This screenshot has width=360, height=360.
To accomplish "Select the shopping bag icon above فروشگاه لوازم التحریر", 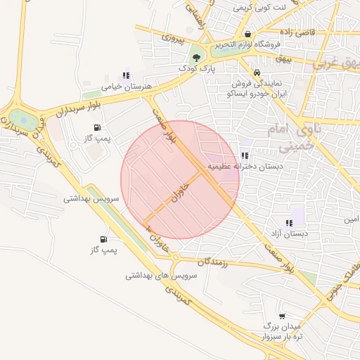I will pos(247,33).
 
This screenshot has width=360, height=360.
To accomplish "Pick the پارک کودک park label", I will pos(196,69).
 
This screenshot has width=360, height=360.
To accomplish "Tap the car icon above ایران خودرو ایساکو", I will pos(257,72).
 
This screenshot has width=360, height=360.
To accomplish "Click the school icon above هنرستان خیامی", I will pos(126,75).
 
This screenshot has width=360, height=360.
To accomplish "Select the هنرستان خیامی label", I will pos(126,87).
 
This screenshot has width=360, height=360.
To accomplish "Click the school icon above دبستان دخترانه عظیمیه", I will pos(244,155).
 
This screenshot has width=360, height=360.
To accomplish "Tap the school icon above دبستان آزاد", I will pos(289,222).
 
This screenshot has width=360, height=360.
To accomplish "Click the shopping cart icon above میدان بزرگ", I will pos(282,316).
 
